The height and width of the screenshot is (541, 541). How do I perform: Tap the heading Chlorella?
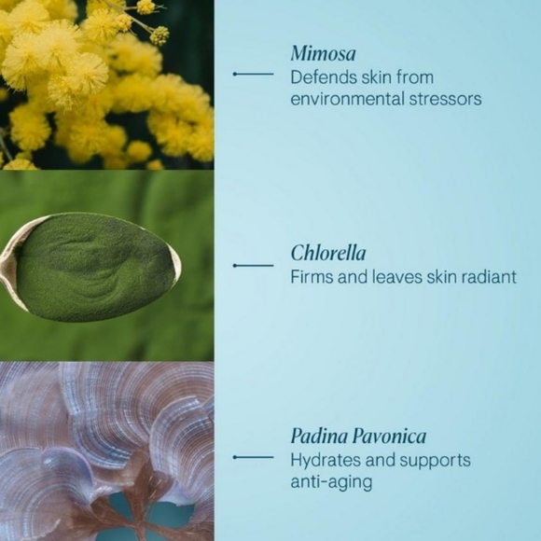pos(327,254)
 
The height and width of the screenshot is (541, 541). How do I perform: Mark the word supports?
pos(435,461)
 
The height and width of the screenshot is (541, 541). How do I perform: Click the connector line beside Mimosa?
pos(253,73)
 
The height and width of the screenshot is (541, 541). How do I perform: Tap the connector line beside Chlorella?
pos(253,266)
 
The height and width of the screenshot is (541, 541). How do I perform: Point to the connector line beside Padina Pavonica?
pos(253,457)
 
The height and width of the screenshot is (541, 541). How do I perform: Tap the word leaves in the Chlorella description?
pos(382,277)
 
